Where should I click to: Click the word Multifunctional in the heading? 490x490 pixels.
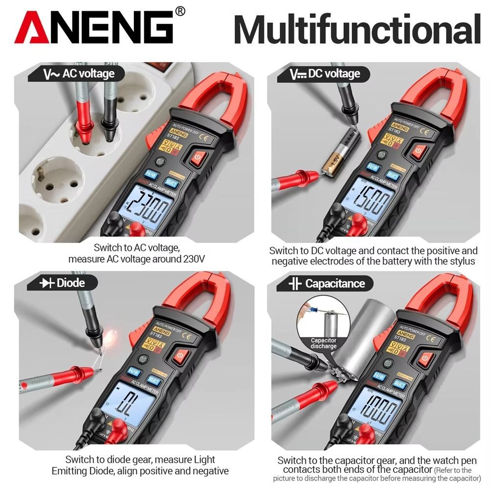357,29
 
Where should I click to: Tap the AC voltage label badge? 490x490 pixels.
78,74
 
